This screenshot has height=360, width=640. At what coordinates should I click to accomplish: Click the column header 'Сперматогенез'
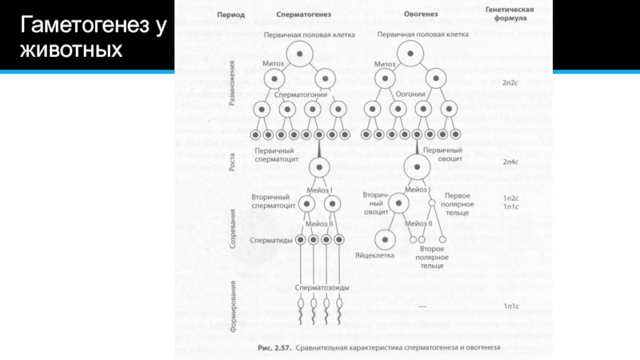pyautogui.click(x=300, y=15)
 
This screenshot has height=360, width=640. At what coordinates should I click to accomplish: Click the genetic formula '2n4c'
pyautogui.click(x=511, y=162)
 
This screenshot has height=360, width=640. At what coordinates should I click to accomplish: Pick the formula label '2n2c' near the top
pyautogui.click(x=511, y=82)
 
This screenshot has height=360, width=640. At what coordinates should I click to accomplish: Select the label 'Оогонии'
pyautogui.click(x=411, y=94)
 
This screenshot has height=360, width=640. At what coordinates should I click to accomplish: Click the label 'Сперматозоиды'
pyautogui.click(x=319, y=286)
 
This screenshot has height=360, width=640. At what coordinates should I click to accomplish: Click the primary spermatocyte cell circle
pyautogui.click(x=319, y=167)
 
